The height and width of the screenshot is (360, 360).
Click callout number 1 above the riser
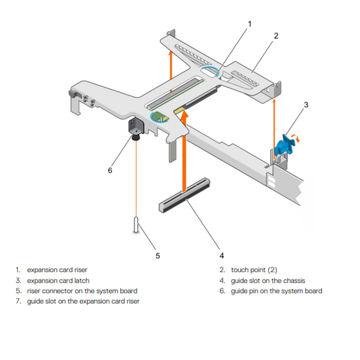coord(249,24)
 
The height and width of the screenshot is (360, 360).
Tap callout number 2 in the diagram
coord(276,36)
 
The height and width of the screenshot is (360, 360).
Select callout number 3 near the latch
coord(306,105)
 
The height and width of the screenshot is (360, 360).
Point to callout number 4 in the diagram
coord(222,256)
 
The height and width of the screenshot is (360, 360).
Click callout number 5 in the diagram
coord(158,256)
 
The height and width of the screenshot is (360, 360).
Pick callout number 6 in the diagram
coord(110,170)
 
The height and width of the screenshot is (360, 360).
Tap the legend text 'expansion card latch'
coord(58,281)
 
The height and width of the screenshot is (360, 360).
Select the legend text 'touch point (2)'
coord(254,270)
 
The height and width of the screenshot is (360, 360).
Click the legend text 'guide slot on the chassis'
coord(268,281)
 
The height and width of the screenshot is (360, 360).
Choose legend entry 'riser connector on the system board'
coord(82,291)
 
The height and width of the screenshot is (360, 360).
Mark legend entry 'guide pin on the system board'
coord(276,291)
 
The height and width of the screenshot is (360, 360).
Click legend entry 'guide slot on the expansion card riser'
coord(83,301)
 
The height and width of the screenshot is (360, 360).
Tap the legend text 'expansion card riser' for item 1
coord(57,270)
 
